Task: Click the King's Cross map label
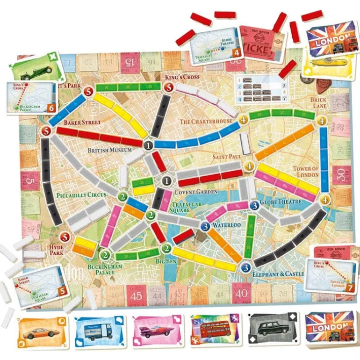182,77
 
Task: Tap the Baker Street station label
82,122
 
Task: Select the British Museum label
110,151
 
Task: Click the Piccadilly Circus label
81,194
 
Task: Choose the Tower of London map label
306,172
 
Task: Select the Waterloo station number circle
205,226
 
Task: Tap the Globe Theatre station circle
254,204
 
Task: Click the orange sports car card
42,332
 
